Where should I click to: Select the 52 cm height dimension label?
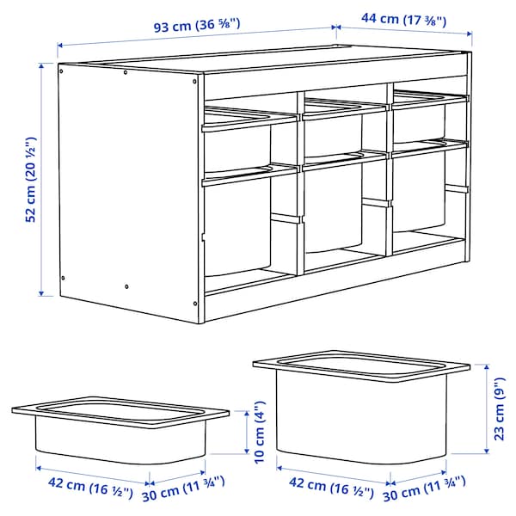click(30, 179)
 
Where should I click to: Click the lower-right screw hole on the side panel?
click(126, 286)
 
